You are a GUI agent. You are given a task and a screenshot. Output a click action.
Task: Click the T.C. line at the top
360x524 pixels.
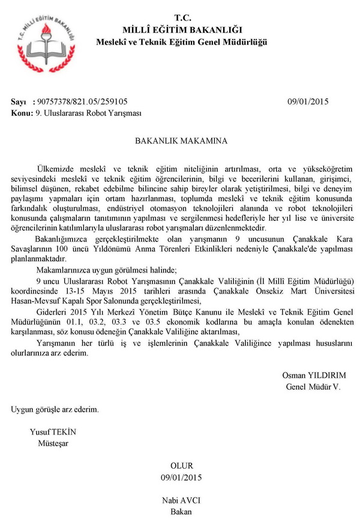(182, 18)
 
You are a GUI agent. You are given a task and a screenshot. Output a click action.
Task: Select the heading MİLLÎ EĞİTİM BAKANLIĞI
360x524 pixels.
(182, 29)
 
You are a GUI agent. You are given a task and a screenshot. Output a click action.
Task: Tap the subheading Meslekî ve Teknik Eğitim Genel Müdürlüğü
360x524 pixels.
(182, 41)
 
